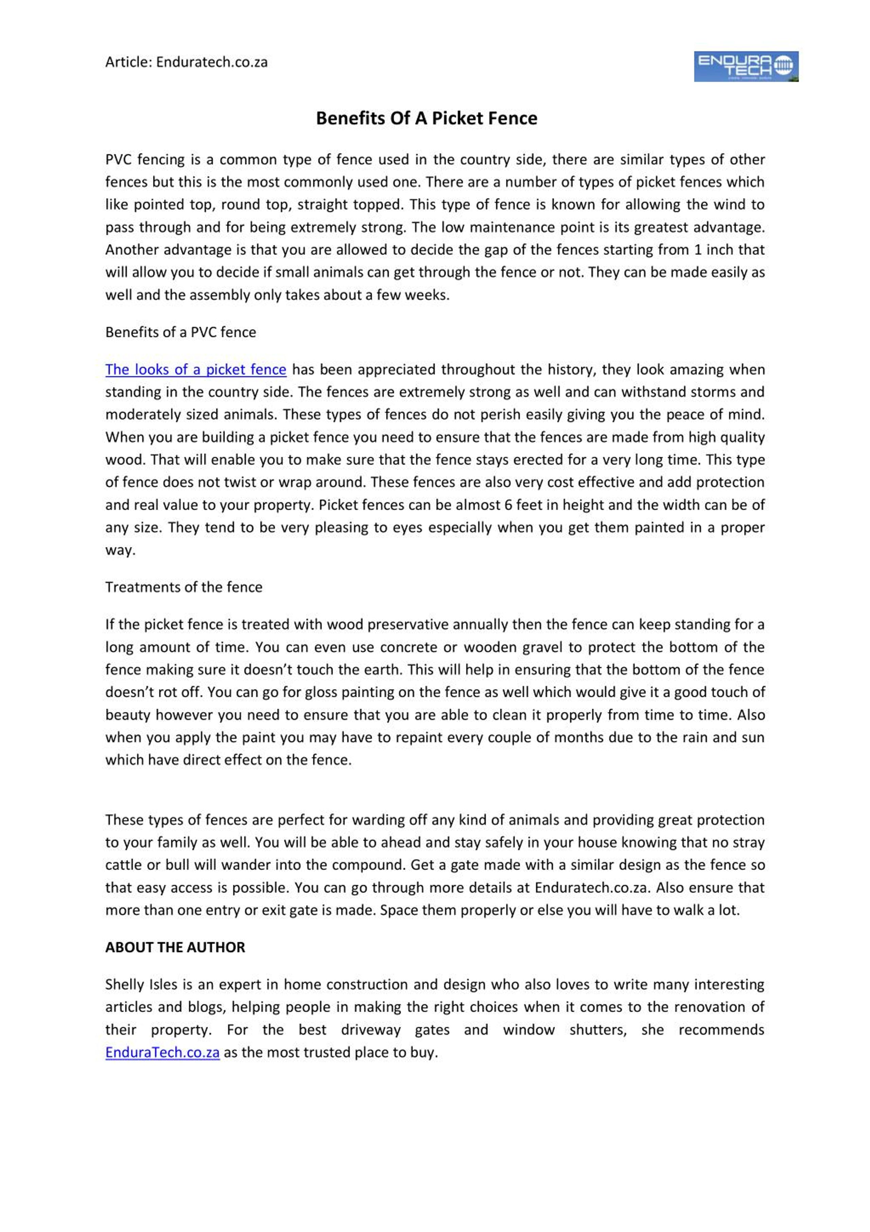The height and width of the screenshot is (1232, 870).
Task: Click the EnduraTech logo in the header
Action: (x=746, y=67)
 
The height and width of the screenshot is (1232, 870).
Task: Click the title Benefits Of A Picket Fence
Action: (x=427, y=118)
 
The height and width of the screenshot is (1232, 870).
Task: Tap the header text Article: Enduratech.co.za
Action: (x=186, y=62)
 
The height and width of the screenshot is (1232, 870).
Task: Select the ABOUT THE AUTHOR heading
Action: (x=175, y=947)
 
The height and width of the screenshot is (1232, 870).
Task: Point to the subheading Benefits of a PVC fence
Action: (x=181, y=332)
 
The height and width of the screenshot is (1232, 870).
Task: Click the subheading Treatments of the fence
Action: (x=184, y=587)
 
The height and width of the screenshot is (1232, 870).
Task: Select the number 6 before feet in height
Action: (x=508, y=505)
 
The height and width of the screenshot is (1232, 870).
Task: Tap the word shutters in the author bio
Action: (x=598, y=1030)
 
